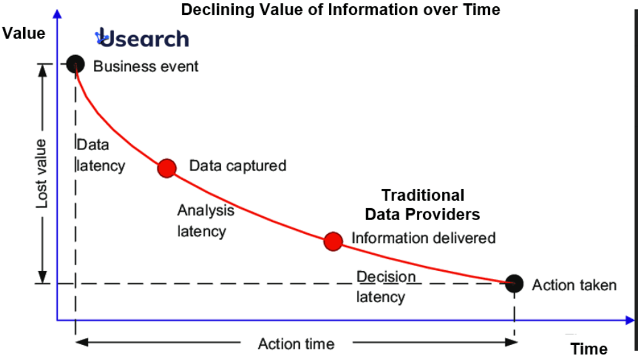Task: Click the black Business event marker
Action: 75,64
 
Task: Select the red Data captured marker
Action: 167,167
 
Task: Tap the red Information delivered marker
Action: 333,240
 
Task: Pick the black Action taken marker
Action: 514,283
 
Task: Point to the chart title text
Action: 341,9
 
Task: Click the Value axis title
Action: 24,33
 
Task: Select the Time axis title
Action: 588,349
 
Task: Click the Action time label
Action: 296,344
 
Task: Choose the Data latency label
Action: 100,156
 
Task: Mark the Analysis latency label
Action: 205,220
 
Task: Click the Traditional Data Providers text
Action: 422,204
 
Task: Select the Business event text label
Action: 145,66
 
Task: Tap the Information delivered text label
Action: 423,238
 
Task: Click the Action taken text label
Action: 574,285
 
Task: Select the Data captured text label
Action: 238,166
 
